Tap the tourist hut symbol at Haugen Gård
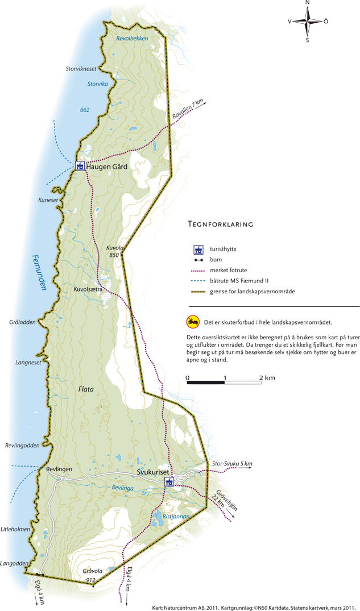pos(80,166)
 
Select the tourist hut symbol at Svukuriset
pos(169,482)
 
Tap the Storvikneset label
pos(81,69)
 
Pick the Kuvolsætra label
pos(88,289)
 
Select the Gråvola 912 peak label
pos(91,575)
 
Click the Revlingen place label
pos(59,469)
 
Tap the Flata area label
pos(86,389)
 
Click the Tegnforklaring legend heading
pos(220,225)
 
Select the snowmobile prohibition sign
pos(193,322)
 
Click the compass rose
pos(308,21)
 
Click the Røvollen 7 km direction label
pos(188,110)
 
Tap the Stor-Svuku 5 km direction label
pos(231,464)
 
